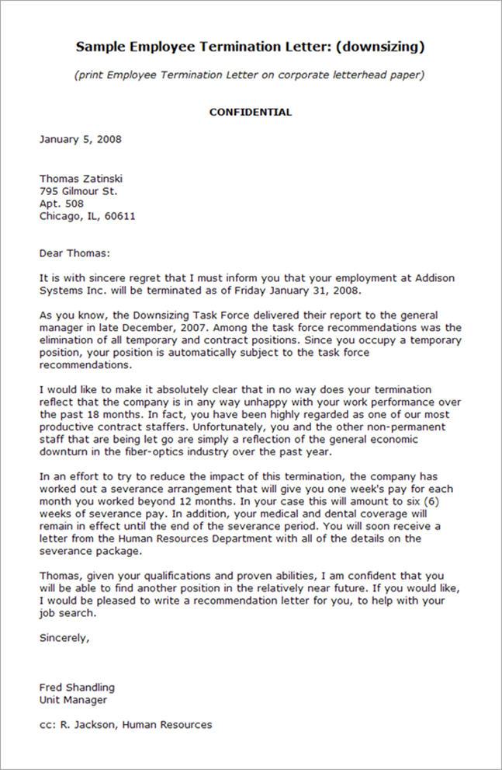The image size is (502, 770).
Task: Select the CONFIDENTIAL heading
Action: tap(251, 112)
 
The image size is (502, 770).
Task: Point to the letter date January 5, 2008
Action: tap(80, 140)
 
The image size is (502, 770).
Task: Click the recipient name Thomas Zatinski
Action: tap(81, 179)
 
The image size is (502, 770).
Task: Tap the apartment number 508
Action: tap(74, 204)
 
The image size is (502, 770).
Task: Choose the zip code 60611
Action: tap(119, 216)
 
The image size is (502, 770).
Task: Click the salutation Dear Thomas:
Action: tap(75, 253)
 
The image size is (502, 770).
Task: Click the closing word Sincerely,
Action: tap(64, 639)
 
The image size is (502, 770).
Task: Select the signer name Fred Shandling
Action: tap(77, 687)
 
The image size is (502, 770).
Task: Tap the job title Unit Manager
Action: tap(73, 699)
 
